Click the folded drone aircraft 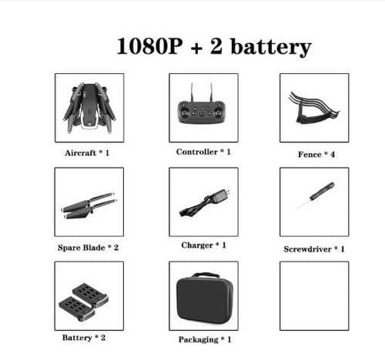[89, 108]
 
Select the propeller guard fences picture [313, 108]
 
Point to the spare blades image [89, 205]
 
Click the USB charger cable [204, 202]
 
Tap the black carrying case [205, 298]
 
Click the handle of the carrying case [206, 275]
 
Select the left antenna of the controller [192, 92]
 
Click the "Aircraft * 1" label [87, 153]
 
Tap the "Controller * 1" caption [203, 152]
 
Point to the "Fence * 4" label [316, 155]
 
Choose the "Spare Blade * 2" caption [88, 248]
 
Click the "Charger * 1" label [203, 245]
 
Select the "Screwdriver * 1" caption [314, 249]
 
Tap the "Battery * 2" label [84, 338]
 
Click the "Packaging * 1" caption [205, 340]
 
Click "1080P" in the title [149, 46]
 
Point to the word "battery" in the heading [271, 48]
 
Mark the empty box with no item [314, 262]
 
